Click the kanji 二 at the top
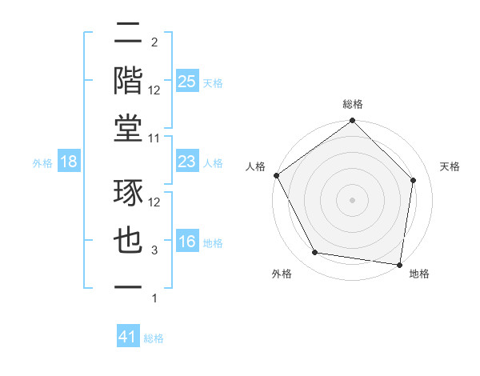(x=128, y=33)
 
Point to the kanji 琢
(x=128, y=193)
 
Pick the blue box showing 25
(x=186, y=81)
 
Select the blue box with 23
(x=186, y=162)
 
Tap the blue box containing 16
(x=186, y=242)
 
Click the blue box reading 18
(x=69, y=162)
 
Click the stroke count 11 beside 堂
(x=155, y=138)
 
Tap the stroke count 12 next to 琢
(x=155, y=202)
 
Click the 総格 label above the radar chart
(x=352, y=104)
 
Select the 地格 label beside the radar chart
(x=418, y=274)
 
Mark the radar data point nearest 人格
(x=276, y=175)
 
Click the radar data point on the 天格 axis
(x=414, y=180)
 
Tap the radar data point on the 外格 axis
(x=315, y=253)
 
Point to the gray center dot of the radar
(x=352, y=199)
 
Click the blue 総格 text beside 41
(x=154, y=338)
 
